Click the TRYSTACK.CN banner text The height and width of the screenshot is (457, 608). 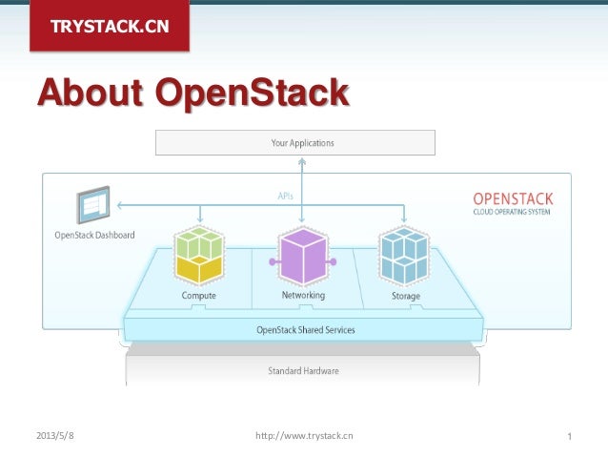click(x=109, y=26)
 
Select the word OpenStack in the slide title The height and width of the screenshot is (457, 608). click(x=251, y=93)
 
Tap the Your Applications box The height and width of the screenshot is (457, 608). click(x=295, y=143)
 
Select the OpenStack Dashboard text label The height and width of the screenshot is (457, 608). click(x=94, y=235)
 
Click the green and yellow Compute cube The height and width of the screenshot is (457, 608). click(x=198, y=256)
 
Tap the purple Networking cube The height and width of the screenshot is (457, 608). click(x=303, y=256)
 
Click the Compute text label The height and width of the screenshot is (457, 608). click(x=198, y=296)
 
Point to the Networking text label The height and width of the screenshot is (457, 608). click(x=303, y=296)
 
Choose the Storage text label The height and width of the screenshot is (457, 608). click(x=405, y=296)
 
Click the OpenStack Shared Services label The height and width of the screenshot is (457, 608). click(x=305, y=330)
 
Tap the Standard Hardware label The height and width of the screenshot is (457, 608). click(x=303, y=370)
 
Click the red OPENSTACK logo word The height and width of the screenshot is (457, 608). click(x=513, y=198)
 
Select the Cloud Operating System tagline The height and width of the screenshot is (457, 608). click(x=513, y=212)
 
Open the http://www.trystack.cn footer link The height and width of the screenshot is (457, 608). click(x=304, y=436)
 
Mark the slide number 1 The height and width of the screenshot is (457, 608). click(x=568, y=437)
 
